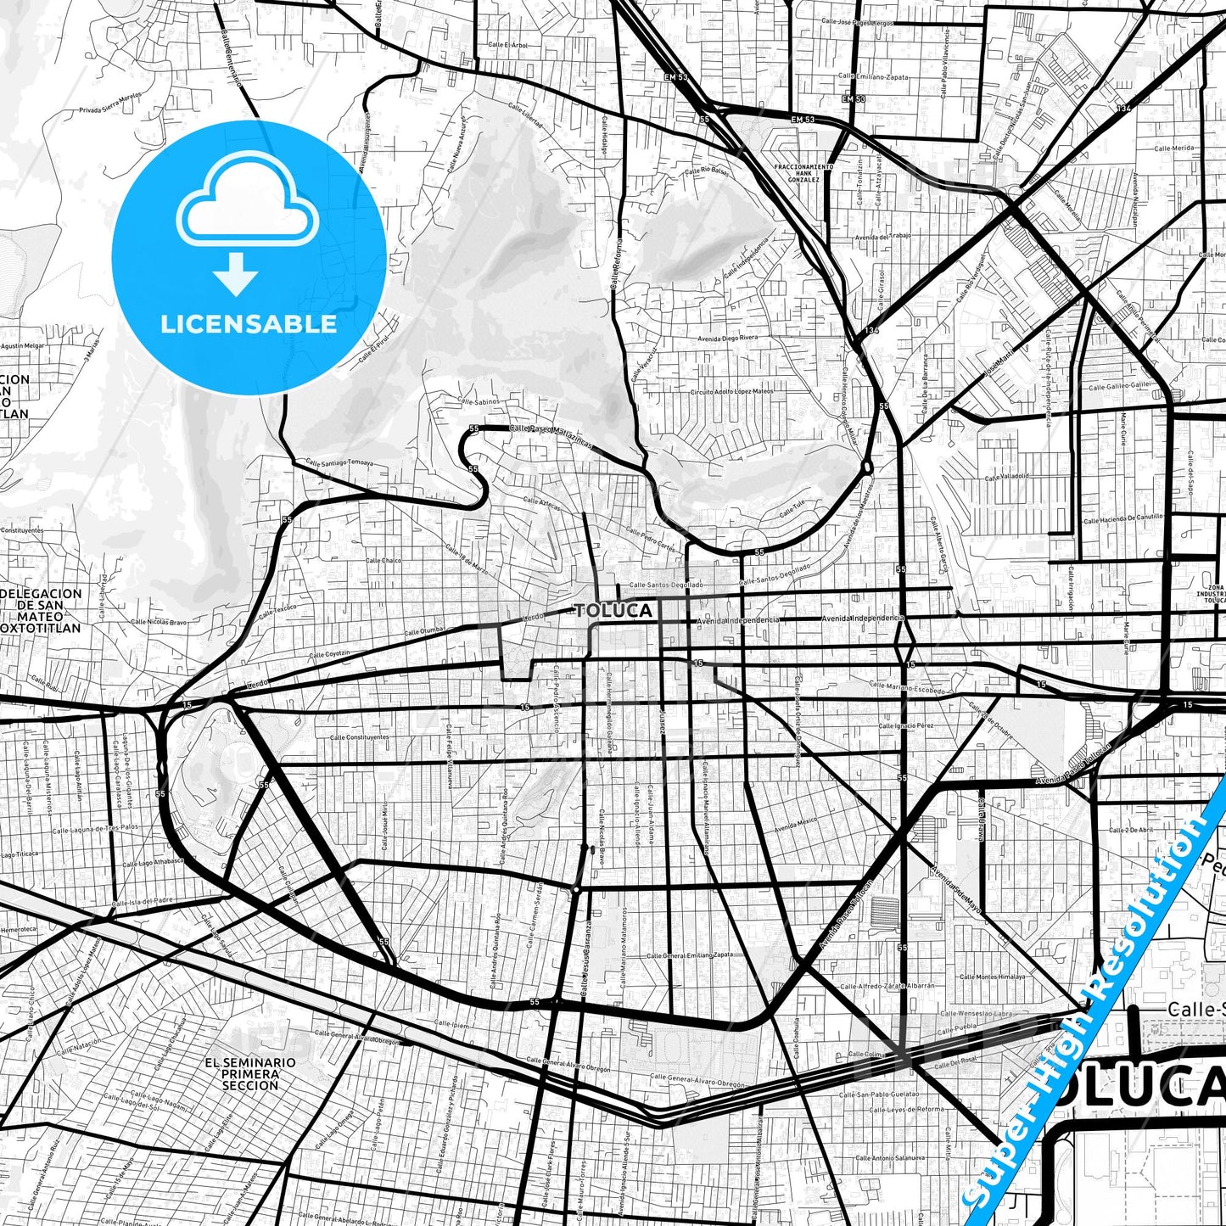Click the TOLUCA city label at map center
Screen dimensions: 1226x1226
coord(613,611)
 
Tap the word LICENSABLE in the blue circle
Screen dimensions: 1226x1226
coord(249,324)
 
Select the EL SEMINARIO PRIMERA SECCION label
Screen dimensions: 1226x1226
coord(250,1073)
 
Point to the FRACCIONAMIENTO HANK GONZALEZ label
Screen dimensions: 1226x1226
coord(803,173)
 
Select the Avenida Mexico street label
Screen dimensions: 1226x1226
coord(795,824)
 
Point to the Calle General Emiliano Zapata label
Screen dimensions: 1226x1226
coord(690,955)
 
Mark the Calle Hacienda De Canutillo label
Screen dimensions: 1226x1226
coord(1122,519)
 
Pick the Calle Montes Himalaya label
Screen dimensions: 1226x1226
coord(992,977)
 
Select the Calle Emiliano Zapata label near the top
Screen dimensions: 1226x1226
coord(873,76)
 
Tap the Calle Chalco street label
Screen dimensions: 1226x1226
coord(383,560)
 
